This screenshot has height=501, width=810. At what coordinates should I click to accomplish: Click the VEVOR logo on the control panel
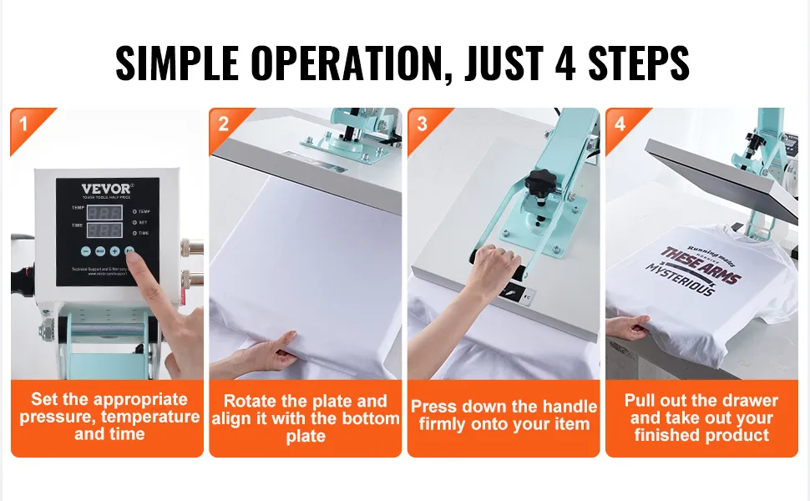(x=106, y=189)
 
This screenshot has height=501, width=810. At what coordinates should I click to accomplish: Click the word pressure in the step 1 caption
(x=56, y=417)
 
